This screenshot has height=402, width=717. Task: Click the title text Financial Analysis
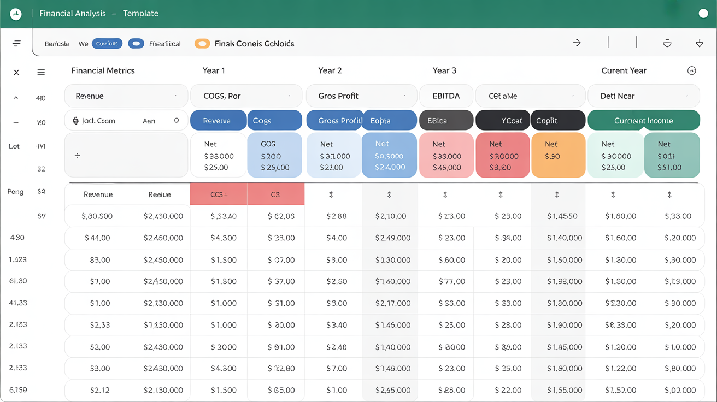pos(73,14)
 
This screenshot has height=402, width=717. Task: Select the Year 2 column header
pos(330,70)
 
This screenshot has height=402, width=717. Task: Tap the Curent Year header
pos(624,70)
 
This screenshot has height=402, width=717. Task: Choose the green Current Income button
pos(643,121)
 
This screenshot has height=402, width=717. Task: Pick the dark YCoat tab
pos(503,121)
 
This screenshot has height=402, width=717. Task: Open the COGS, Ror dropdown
pos(246,96)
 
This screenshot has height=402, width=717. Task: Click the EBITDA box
pos(446,96)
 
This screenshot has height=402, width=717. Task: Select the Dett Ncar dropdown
pos(643,96)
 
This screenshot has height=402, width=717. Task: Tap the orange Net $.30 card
pos(558,156)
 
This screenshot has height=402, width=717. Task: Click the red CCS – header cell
pos(219,194)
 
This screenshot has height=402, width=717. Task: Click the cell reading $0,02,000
pos(680,390)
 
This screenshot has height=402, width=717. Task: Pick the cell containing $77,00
pos(451,281)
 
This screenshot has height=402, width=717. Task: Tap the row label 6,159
pos(18,390)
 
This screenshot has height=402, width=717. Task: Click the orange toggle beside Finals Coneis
pos(202,44)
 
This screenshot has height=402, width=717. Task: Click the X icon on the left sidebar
pos(16,72)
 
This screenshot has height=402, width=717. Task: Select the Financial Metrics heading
pos(103,70)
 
